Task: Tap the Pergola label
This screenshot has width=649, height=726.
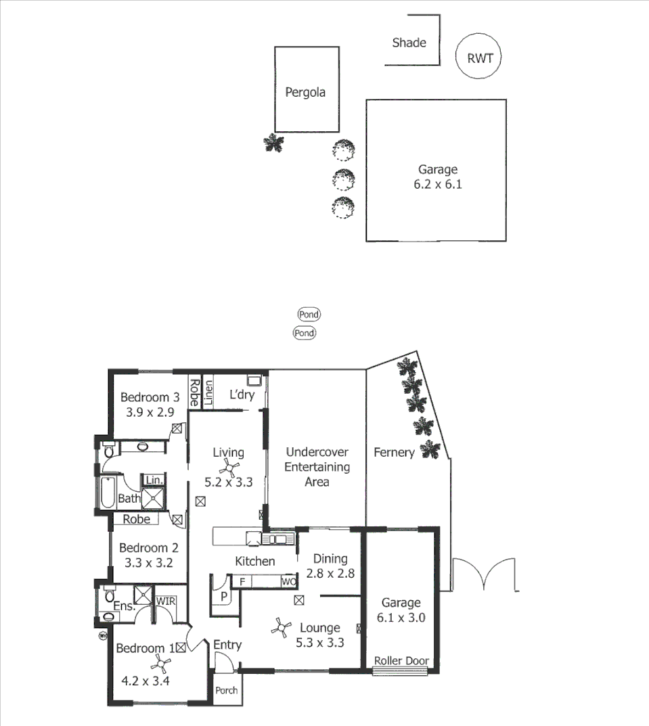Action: click(x=305, y=92)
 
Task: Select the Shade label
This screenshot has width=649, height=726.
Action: click(x=409, y=43)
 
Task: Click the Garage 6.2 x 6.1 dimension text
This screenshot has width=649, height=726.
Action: click(x=437, y=183)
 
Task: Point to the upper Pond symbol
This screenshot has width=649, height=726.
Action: click(x=309, y=314)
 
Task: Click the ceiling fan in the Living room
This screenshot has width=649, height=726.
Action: click(x=229, y=467)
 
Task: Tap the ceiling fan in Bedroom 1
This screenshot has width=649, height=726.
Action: click(x=160, y=663)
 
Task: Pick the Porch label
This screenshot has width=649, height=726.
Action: click(x=226, y=691)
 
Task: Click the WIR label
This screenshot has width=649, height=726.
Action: click(x=166, y=600)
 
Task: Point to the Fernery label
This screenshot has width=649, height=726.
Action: click(x=393, y=453)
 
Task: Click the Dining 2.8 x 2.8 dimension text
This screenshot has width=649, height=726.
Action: click(x=330, y=573)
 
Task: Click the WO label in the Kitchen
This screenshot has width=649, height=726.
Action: click(x=289, y=581)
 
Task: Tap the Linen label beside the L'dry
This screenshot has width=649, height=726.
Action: click(x=208, y=393)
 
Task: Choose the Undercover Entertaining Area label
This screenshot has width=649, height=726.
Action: click(x=317, y=467)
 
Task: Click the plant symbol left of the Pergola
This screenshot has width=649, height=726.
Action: click(x=273, y=143)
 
